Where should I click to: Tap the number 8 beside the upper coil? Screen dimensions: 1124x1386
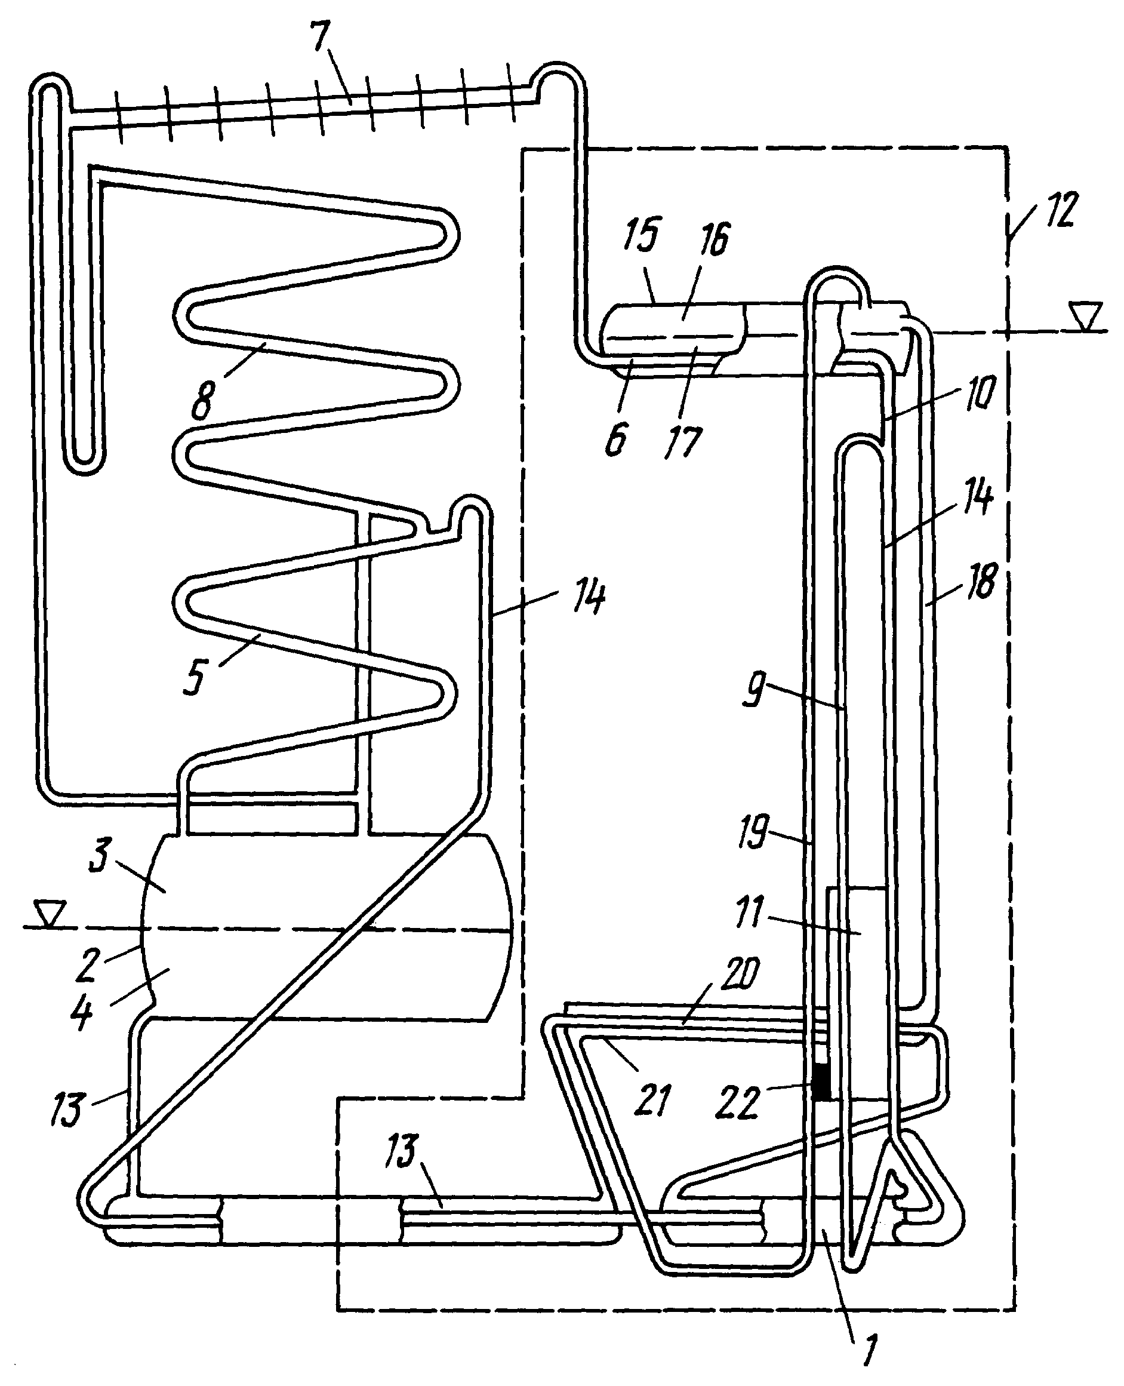point(203,399)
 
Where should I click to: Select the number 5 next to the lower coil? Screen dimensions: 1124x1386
point(194,677)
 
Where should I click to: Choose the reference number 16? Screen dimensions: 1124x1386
point(714,239)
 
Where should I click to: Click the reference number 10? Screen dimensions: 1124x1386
point(980,391)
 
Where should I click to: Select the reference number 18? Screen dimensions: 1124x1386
point(981,581)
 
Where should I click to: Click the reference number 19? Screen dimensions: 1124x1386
point(753,832)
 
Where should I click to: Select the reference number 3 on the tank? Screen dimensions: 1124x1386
point(99,855)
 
